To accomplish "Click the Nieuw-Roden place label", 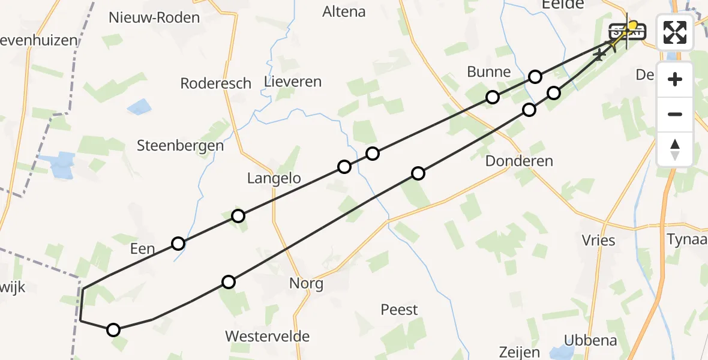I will click(154, 17).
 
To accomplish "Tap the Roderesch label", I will click(215, 83).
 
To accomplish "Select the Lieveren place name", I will click(293, 82).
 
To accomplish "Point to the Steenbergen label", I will click(180, 145).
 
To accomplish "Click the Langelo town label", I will click(274, 178).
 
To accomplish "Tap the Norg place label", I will click(306, 284).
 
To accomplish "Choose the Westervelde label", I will click(268, 336).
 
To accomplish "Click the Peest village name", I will click(399, 310).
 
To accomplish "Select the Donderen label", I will click(519, 161).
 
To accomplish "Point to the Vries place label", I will click(598, 241).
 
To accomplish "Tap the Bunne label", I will click(489, 72).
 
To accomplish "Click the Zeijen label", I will click(519, 352).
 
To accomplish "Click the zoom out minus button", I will click(675, 114).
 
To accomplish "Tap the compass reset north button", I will click(675, 149).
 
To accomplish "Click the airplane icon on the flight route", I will click(599, 55).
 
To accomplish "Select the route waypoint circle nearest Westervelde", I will click(229, 282).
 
